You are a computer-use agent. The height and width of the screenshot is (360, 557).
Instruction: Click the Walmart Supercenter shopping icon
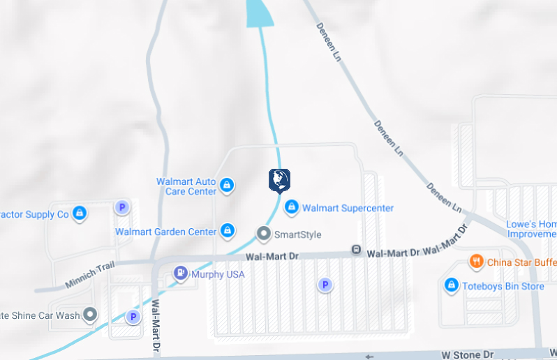tap(292, 207)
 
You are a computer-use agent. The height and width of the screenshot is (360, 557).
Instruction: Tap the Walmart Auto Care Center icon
tap(226, 186)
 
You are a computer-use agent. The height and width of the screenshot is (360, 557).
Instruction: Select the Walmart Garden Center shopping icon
tap(227, 230)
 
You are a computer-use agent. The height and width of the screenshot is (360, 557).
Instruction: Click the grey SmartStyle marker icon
tap(263, 234)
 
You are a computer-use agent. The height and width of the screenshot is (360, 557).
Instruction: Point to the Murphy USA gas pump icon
tap(180, 273)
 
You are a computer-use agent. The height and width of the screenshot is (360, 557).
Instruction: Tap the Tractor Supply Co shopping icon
tap(80, 213)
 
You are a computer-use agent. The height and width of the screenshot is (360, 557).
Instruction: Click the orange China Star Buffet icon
tap(477, 262)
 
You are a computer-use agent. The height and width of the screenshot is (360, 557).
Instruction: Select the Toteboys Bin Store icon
tap(452, 285)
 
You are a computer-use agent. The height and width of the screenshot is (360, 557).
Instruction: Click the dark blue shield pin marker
tap(279, 180)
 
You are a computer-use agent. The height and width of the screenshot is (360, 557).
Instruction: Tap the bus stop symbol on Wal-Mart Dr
tap(356, 249)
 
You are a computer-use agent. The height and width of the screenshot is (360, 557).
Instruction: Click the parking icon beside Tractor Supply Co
tap(122, 207)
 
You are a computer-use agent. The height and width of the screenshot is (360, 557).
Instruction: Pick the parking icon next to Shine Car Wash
tap(133, 317)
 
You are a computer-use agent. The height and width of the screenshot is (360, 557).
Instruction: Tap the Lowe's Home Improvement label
tap(531, 229)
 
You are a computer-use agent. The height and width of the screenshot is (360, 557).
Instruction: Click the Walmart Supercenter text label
tap(348, 208)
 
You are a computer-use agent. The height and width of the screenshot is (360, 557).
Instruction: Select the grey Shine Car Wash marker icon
tap(90, 315)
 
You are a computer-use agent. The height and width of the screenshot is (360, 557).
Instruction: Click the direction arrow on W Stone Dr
tap(370, 356)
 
